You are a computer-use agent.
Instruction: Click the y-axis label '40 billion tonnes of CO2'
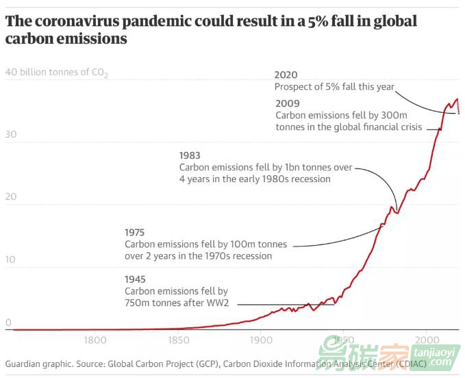[56, 72]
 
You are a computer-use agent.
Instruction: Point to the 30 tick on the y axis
[10, 135]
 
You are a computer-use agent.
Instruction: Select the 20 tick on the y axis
[10, 197]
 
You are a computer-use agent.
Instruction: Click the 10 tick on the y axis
[9, 260]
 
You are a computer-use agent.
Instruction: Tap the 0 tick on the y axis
[8, 323]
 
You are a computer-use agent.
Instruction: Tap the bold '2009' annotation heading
[288, 104]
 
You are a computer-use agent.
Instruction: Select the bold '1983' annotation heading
[190, 155]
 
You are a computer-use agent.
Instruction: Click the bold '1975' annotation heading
[135, 232]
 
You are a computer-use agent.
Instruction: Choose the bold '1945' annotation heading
[135, 279]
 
